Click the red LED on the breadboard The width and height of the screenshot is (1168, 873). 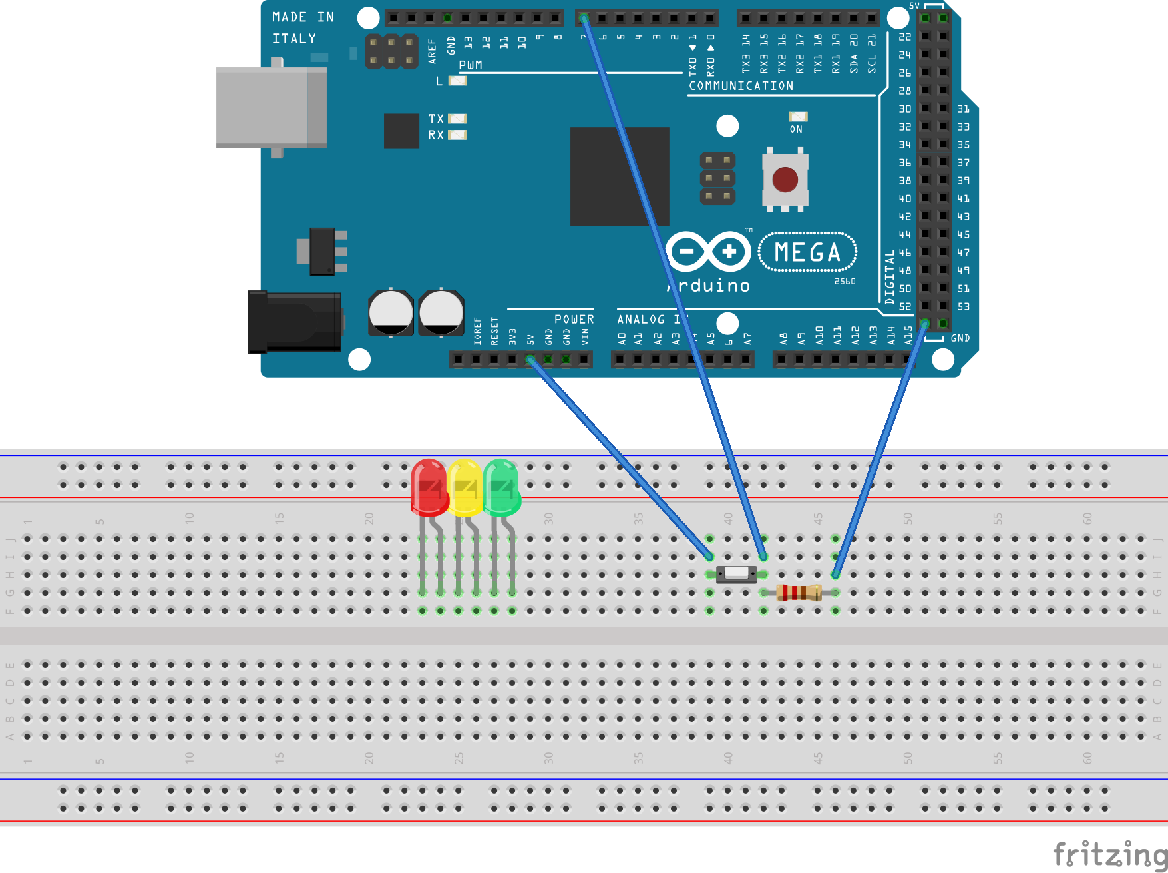coord(429,488)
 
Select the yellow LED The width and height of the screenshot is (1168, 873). coord(465,488)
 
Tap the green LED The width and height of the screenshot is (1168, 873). coord(501,488)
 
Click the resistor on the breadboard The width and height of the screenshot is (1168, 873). coord(799,592)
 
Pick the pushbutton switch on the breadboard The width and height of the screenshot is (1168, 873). coord(736,573)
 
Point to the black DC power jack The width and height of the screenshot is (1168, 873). coord(295,322)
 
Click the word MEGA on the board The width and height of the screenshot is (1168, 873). coord(807,252)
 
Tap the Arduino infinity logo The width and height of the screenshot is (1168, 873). coord(708,251)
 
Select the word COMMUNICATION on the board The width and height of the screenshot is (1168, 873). coord(741,86)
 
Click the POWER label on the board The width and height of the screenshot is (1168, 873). coord(574,320)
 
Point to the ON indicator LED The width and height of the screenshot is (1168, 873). coord(798,117)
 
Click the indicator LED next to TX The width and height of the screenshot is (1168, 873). coord(457,119)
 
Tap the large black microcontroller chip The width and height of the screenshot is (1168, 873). coord(620,176)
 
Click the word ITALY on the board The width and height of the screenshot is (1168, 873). coord(293,39)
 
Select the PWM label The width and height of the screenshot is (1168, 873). coord(471,65)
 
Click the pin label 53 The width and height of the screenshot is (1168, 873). coord(963,306)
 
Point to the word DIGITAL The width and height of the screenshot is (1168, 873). coord(890,276)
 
